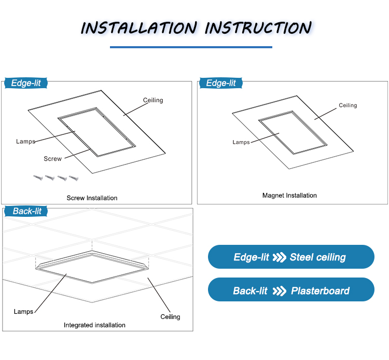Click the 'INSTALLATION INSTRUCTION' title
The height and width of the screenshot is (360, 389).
pyautogui.click(x=196, y=27)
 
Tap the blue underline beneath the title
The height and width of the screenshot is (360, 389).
pyautogui.click(x=191, y=47)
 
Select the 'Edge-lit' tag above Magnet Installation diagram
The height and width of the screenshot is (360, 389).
pyautogui.click(x=221, y=83)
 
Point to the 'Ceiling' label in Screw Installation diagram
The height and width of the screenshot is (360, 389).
pyautogui.click(x=153, y=100)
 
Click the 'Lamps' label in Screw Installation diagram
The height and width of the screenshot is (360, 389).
pyautogui.click(x=25, y=141)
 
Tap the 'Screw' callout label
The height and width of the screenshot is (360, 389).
pyautogui.click(x=52, y=159)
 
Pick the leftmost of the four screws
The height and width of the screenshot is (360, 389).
pyautogui.click(x=38, y=177)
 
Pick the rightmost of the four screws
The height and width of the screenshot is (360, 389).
pyautogui.click(x=74, y=178)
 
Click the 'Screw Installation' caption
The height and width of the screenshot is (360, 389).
pyautogui.click(x=92, y=198)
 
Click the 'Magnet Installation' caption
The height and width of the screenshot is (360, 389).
pyautogui.click(x=289, y=196)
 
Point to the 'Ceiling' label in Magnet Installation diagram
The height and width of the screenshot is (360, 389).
pyautogui.click(x=348, y=105)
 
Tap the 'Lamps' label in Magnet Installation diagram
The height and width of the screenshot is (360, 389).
pyautogui.click(x=241, y=142)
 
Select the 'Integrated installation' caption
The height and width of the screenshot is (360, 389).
pyautogui.click(x=94, y=325)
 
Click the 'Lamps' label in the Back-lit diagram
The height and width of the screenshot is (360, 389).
pyautogui.click(x=23, y=312)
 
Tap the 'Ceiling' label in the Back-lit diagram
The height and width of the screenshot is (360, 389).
pyautogui.click(x=170, y=316)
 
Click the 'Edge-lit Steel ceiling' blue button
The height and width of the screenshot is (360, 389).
pyautogui.click(x=290, y=257)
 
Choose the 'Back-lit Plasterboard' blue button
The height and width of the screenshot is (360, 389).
pyautogui.click(x=290, y=290)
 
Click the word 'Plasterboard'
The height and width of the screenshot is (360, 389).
pyautogui.click(x=320, y=290)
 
